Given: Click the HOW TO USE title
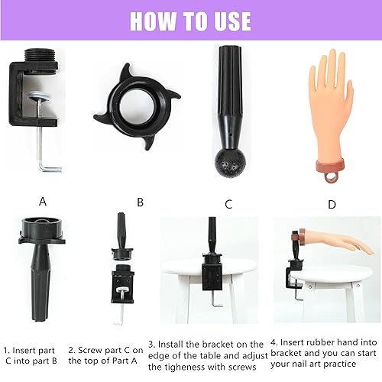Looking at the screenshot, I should coord(190,20).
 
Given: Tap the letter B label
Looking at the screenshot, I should coord(140,202).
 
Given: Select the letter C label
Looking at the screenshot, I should coord(228,204).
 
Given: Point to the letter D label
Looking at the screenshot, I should coord(331,204).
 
